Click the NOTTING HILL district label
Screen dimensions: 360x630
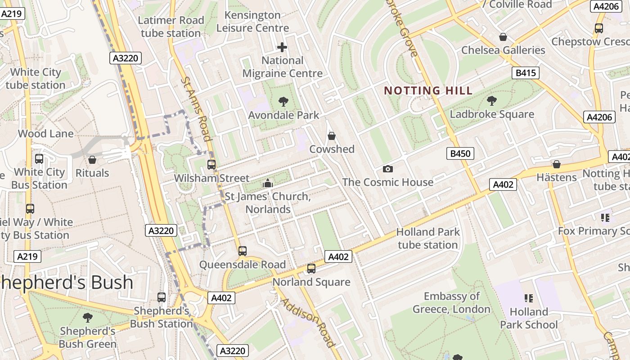(428, 90)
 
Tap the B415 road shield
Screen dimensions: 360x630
(525, 73)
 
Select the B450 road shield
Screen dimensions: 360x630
(460, 154)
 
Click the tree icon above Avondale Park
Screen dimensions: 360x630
(283, 101)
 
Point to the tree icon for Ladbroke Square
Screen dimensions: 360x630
(492, 100)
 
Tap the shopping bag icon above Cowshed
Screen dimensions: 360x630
(332, 135)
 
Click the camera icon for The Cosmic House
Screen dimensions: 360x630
(387, 169)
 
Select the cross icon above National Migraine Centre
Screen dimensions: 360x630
(282, 47)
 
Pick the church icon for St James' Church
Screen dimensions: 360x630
(268, 183)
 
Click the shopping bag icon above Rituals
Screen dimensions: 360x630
(92, 160)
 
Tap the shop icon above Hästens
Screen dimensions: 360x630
(557, 164)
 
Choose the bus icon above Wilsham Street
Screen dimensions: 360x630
(211, 165)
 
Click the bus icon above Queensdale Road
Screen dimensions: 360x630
(243, 251)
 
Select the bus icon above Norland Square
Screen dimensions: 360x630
(311, 269)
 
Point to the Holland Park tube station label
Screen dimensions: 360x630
(428, 238)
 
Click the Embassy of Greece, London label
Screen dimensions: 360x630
(451, 303)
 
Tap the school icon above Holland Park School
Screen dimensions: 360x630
(529, 298)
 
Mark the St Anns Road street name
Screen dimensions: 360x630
(196, 108)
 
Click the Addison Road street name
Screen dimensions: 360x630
(309, 322)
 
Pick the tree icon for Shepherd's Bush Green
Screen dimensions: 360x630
(88, 318)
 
